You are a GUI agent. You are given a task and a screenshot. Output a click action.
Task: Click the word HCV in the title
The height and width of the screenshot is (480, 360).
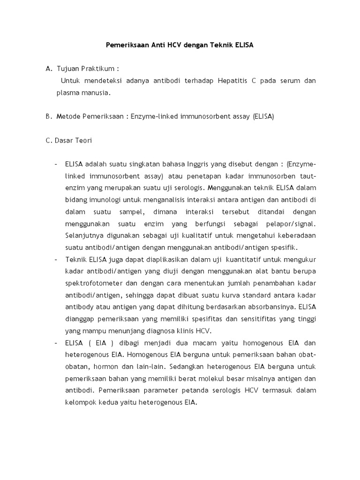click(x=163, y=46)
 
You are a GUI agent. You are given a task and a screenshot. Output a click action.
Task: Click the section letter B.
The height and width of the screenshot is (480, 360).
click(x=48, y=116)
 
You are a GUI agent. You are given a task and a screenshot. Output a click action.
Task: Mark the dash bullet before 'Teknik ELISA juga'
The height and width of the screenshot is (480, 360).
click(x=56, y=259)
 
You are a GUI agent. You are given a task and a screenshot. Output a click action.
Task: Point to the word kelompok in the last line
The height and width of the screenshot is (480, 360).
click(x=82, y=402)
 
